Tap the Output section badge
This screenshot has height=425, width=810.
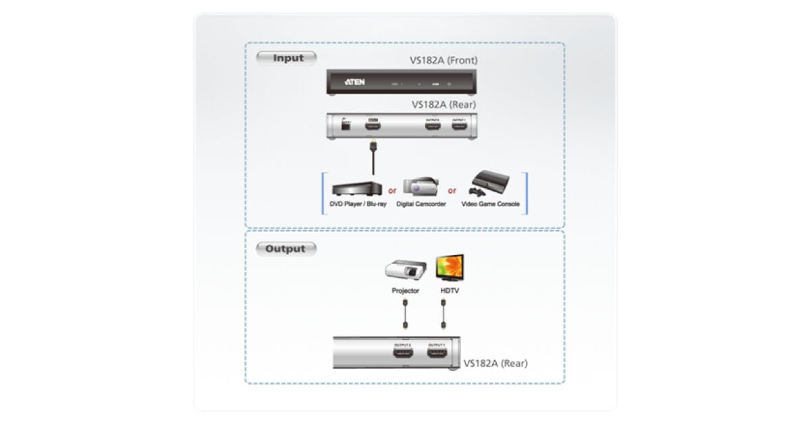pyautogui.click(x=285, y=249)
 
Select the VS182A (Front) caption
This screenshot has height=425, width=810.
pyautogui.click(x=443, y=60)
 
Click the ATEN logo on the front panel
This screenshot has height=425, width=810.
pyautogui.click(x=354, y=82)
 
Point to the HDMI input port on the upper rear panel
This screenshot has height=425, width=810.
pyautogui.click(x=372, y=125)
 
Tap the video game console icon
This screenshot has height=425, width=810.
pyautogui.click(x=490, y=182)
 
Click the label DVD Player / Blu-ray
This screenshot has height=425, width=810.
pyautogui.click(x=357, y=204)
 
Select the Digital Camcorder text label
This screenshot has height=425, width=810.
pyautogui.click(x=421, y=204)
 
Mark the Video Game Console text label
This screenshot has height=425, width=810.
pyautogui.click(x=491, y=204)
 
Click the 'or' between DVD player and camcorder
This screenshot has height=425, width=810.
pyautogui.click(x=392, y=190)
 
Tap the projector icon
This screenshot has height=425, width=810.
pyautogui.click(x=405, y=270)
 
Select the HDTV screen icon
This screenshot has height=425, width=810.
pyautogui.click(x=449, y=268)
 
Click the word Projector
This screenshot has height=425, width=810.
pyautogui.click(x=405, y=291)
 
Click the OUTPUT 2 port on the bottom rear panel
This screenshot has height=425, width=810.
pyautogui.click(x=403, y=353)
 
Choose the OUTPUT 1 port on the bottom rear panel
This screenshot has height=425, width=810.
pyautogui.click(x=435, y=353)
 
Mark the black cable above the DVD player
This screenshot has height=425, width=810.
pyautogui.click(x=372, y=159)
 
